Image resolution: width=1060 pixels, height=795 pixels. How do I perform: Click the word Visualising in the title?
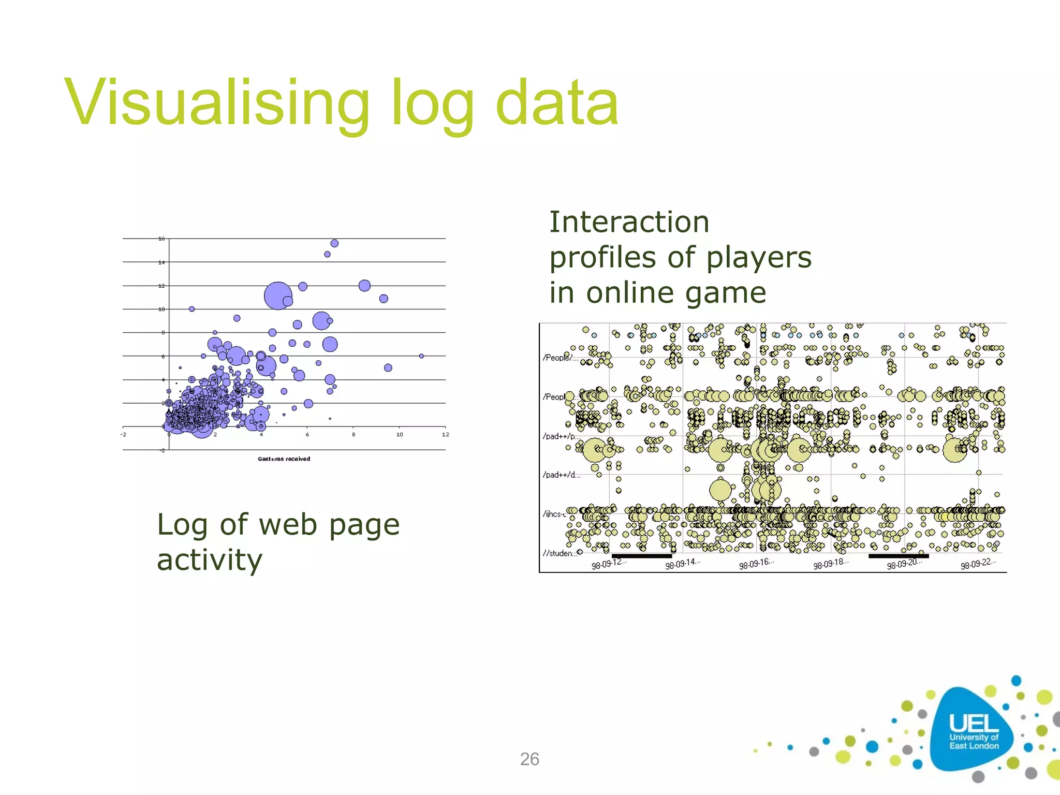[x=217, y=102]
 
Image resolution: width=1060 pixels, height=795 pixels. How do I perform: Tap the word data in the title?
[x=556, y=102]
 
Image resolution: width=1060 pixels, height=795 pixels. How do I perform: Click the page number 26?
[x=529, y=759]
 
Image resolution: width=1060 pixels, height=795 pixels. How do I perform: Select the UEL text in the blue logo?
[x=973, y=723]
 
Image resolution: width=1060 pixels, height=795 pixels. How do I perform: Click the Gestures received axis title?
[x=284, y=459]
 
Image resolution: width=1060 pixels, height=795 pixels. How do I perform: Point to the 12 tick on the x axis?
[x=445, y=434]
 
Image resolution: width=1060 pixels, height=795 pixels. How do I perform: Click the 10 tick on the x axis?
[x=400, y=434]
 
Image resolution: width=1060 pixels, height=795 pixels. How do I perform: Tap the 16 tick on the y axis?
[x=161, y=239]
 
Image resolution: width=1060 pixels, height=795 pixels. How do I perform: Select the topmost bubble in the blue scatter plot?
[x=334, y=243]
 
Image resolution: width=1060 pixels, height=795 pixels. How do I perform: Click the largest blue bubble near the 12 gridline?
[x=277, y=296]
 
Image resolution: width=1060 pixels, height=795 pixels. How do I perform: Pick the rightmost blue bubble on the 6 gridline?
[x=421, y=356]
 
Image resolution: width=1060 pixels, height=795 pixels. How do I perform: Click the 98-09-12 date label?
[x=608, y=564]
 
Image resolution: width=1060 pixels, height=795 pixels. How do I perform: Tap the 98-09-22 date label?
[x=978, y=564]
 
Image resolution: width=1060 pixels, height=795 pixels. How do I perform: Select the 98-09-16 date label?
[x=756, y=564]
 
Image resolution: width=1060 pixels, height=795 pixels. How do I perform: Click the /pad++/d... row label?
[x=561, y=475]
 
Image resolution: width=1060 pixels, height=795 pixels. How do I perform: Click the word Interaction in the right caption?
[x=629, y=222]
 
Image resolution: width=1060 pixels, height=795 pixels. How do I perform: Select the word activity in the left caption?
[x=210, y=560]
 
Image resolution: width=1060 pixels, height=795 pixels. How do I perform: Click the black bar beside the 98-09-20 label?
[x=899, y=556]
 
